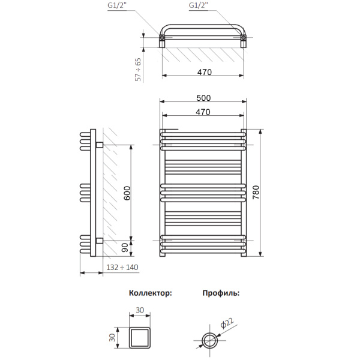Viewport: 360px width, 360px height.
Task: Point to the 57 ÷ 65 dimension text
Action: coord(138,69)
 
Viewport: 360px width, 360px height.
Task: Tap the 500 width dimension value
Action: coord(203,98)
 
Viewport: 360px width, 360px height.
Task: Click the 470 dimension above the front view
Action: coord(203,112)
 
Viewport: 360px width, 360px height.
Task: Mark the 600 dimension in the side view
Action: coord(126,193)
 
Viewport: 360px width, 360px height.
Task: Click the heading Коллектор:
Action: coord(150,293)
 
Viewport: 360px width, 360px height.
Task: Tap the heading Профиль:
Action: coord(220,293)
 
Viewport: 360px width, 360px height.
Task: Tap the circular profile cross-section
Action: coord(211,340)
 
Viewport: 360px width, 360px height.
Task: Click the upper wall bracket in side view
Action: coord(99,145)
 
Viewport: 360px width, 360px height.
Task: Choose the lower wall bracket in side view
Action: coord(99,241)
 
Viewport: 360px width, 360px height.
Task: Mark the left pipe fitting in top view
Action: coord(163,40)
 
